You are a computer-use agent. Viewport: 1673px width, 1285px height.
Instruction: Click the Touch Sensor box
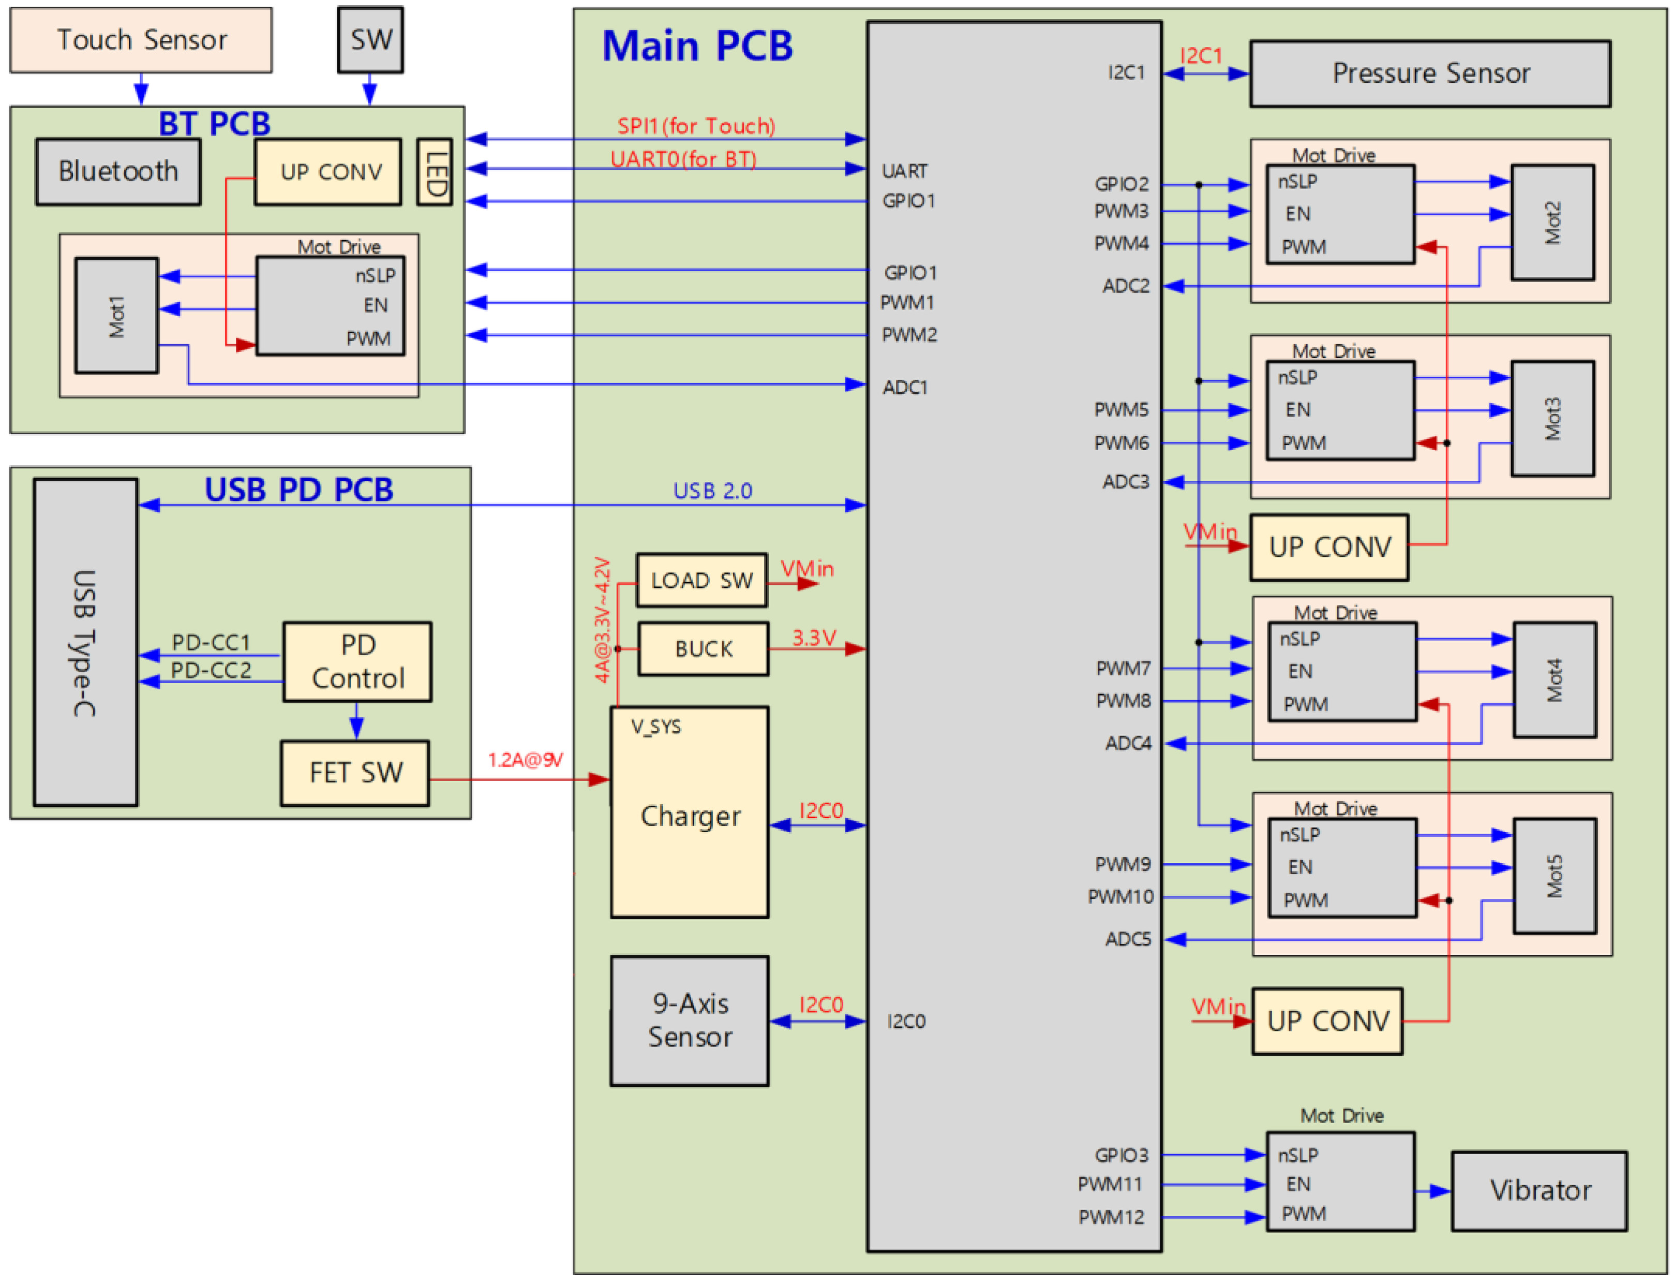pyautogui.click(x=141, y=40)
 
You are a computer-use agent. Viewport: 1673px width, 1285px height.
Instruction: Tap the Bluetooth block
pyautogui.click(x=118, y=171)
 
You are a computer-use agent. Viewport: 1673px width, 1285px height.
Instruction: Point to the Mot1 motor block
pyautogui.click(x=116, y=316)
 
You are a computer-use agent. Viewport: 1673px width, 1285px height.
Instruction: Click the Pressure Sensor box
pyautogui.click(x=1430, y=73)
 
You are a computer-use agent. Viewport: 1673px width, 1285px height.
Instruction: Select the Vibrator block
pyautogui.click(x=1538, y=1190)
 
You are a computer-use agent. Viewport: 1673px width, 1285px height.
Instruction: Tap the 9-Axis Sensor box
pyautogui.click(x=689, y=1021)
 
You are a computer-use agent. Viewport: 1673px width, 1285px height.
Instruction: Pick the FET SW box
pyautogui.click(x=355, y=773)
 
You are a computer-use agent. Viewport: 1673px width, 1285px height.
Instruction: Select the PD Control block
pyautogui.click(x=357, y=661)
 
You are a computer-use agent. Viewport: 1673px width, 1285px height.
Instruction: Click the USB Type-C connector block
pyautogui.click(x=85, y=643)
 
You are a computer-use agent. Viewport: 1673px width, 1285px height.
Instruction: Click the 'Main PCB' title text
pyautogui.click(x=697, y=46)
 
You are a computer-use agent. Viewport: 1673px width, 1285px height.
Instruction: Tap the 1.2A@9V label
pyautogui.click(x=525, y=760)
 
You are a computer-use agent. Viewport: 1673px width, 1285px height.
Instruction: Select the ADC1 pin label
pyautogui.click(x=905, y=387)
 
